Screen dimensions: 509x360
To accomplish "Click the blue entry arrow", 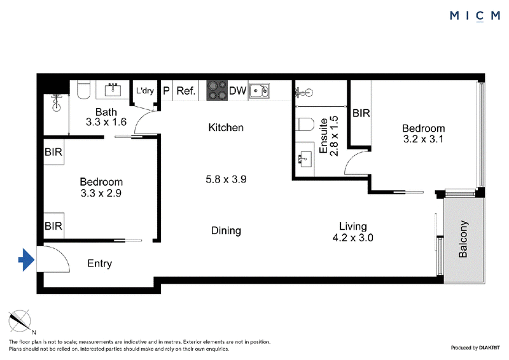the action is pyautogui.click(x=26, y=260).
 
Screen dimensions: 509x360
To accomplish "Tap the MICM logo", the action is pyautogui.click(x=475, y=15).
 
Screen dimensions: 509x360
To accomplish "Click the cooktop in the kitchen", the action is pyautogui.click(x=217, y=90).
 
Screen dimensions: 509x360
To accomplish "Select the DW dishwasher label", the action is pyautogui.click(x=237, y=90).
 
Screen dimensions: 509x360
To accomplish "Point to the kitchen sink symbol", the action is pyautogui.click(x=260, y=90).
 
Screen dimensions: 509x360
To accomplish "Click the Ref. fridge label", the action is pyautogui.click(x=186, y=91).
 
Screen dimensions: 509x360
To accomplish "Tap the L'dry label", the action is pyautogui.click(x=145, y=90).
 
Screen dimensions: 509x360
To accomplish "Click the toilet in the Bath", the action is pyautogui.click(x=84, y=90).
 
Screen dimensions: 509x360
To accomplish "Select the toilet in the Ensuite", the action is pyautogui.click(x=305, y=124).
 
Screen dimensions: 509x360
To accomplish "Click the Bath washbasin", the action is pyautogui.click(x=113, y=90).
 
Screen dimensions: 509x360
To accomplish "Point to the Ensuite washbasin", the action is pyautogui.click(x=305, y=160).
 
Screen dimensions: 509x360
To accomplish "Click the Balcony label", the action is pyautogui.click(x=463, y=239).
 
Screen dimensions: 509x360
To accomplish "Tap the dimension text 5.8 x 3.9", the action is pyautogui.click(x=226, y=179).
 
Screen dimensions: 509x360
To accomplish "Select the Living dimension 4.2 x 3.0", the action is pyautogui.click(x=353, y=238).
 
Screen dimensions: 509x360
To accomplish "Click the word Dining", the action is pyautogui.click(x=226, y=230).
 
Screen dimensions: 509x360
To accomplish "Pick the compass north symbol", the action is pyautogui.click(x=20, y=321).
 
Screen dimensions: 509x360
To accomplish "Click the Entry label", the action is pyautogui.click(x=100, y=263).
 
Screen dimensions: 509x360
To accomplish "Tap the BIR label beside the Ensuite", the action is pyautogui.click(x=361, y=113).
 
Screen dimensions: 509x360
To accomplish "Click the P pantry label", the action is pyautogui.click(x=166, y=90).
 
